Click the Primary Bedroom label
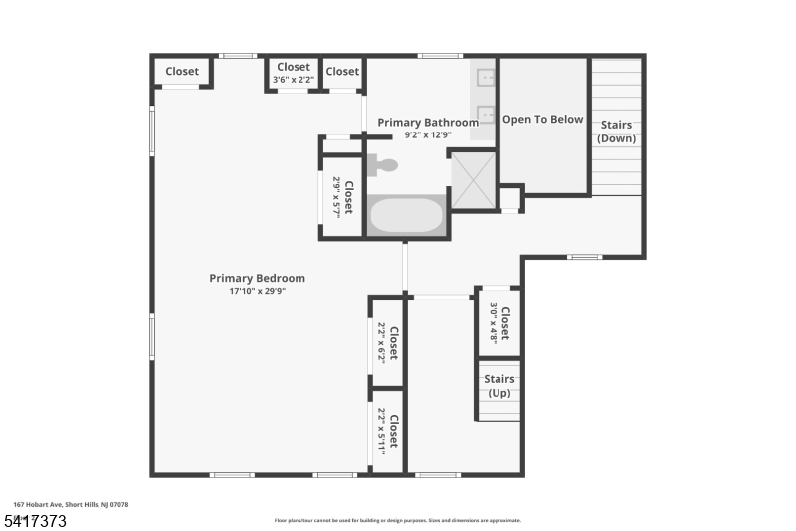[257, 278]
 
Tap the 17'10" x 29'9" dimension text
[257, 291]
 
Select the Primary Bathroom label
[428, 123]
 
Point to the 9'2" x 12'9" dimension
[428, 135]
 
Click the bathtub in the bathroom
[407, 215]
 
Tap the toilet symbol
[383, 165]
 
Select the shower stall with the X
[473, 180]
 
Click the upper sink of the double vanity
[486, 77]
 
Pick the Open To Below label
[542, 120]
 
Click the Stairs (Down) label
[616, 132]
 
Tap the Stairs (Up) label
[499, 386]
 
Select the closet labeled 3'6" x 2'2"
[293, 72]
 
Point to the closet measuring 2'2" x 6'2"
[387, 341]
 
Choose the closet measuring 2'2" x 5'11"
[387, 430]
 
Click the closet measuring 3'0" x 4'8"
[499, 322]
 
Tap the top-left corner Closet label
[182, 71]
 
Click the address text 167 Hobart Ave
[71, 505]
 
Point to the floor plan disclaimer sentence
[398, 520]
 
